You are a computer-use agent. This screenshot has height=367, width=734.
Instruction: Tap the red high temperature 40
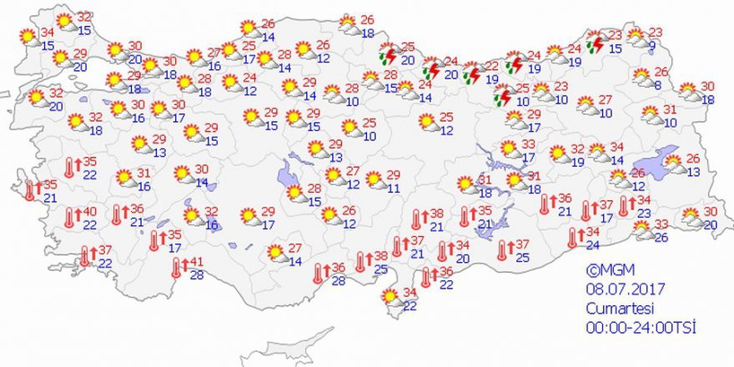click(x=89, y=212)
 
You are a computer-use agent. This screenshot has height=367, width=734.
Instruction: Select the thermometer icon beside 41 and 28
click(x=176, y=268)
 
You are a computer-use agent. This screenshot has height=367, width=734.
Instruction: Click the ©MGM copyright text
click(x=604, y=270)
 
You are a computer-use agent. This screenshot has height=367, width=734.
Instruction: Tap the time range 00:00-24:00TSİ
click(x=639, y=326)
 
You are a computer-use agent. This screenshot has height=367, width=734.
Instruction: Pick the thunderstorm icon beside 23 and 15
click(x=595, y=43)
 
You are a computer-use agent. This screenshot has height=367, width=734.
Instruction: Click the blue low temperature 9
click(x=652, y=47)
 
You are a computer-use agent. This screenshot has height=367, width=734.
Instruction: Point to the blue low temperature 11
click(x=393, y=189)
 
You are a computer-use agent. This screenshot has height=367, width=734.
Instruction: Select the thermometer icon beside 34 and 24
click(x=574, y=238)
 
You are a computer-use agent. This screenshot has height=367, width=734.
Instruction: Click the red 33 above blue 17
click(x=528, y=143)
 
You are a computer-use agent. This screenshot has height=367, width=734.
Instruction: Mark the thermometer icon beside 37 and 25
click(x=503, y=250)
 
